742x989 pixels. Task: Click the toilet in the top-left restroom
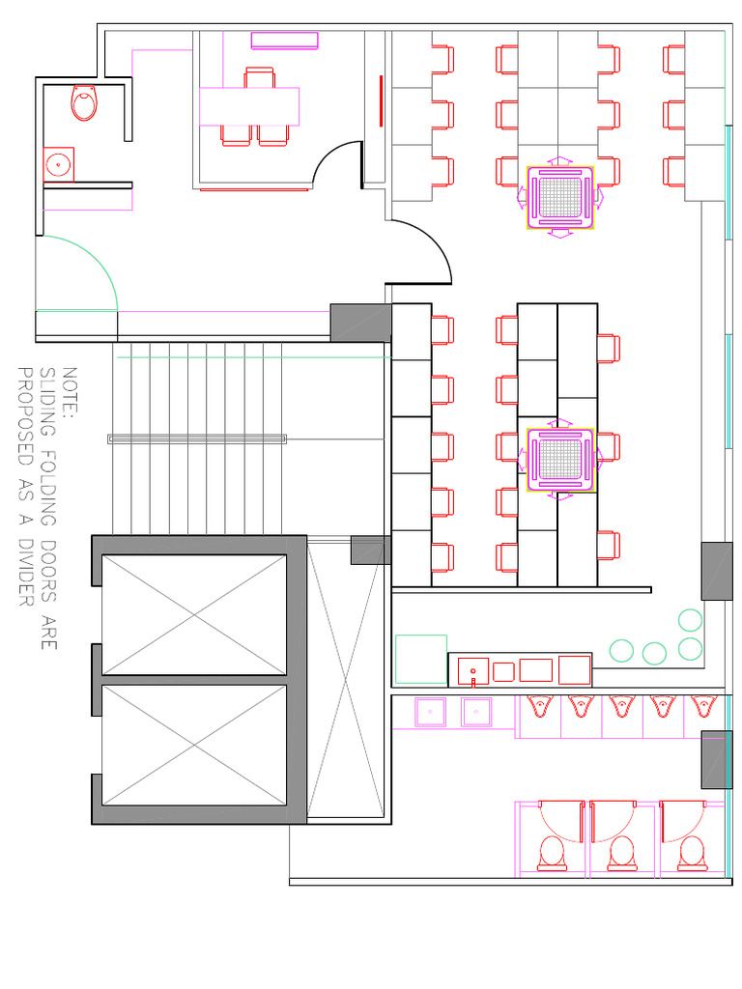click(x=85, y=102)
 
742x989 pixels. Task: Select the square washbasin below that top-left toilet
click(x=59, y=164)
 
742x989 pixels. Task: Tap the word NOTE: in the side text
click(x=70, y=392)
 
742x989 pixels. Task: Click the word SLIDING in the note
click(x=48, y=402)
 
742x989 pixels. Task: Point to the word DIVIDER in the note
click(x=26, y=572)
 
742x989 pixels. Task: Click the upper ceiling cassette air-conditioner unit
click(x=560, y=198)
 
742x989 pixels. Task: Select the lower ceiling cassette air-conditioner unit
click(x=560, y=460)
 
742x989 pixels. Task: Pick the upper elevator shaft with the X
click(x=194, y=614)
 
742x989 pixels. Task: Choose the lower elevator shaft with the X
click(x=194, y=746)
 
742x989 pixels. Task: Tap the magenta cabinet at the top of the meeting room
click(x=285, y=41)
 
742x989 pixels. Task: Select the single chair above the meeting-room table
click(x=259, y=77)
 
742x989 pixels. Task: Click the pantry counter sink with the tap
click(x=473, y=672)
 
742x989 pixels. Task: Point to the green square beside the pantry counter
click(x=421, y=659)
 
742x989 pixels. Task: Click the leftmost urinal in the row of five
click(x=538, y=706)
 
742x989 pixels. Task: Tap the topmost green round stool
click(x=690, y=621)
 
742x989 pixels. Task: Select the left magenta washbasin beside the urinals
click(x=430, y=712)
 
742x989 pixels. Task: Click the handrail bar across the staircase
click(x=197, y=439)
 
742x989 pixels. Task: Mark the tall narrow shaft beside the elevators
click(x=345, y=679)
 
